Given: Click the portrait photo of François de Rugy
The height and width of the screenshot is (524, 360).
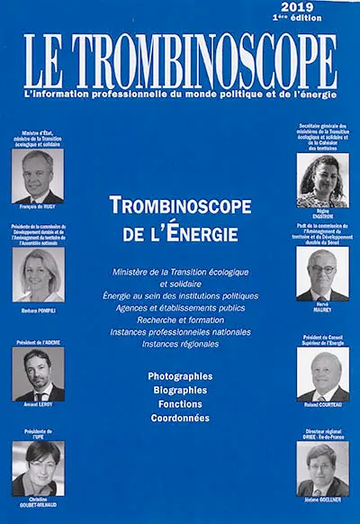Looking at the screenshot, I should click(x=38, y=176).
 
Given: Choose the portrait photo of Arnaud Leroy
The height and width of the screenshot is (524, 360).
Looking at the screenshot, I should click(x=38, y=375).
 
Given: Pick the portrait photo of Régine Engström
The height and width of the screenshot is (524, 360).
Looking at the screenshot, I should click(x=322, y=180).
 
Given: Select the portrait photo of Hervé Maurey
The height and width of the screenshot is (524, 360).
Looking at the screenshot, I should click(x=322, y=275).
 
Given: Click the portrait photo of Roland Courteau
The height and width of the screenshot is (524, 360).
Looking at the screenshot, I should click(x=322, y=375).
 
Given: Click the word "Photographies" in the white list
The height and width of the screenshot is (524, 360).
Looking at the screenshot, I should click(x=180, y=375).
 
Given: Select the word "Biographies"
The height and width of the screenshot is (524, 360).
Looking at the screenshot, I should click(x=180, y=389).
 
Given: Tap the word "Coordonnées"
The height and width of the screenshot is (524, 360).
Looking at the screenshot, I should click(x=180, y=418).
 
